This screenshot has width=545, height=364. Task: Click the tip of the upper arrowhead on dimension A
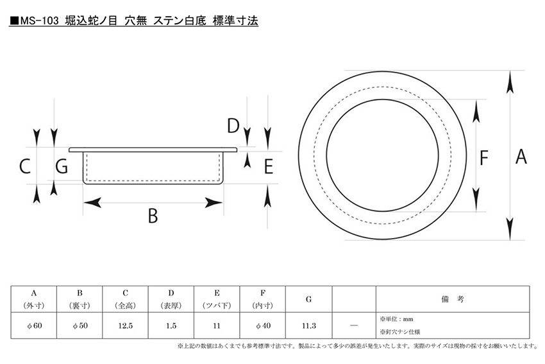pyautogui.click(x=510, y=71)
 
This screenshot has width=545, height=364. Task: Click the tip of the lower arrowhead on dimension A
pyautogui.click(x=510, y=240)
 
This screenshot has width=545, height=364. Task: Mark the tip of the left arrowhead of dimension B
pyautogui.click(x=84, y=202)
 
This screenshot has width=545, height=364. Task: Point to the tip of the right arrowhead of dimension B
pyautogui.click(x=222, y=202)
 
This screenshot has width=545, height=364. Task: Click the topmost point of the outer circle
pyautogui.click(x=382, y=71)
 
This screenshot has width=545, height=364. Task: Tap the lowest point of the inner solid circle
pyautogui.click(x=382, y=211)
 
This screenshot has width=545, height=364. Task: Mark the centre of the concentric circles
pyautogui.click(x=382, y=155)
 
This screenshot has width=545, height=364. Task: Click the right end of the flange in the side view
pyautogui.click(x=237, y=150)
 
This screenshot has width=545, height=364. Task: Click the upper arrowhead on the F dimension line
pyautogui.click(x=476, y=111)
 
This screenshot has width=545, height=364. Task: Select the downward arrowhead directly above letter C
pyautogui.click(x=37, y=137)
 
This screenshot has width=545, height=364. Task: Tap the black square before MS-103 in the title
pyautogui.click(x=14, y=21)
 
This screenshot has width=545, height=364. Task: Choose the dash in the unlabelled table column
pyautogui.click(x=354, y=325)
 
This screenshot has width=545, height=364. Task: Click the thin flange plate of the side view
pyautogui.click(x=153, y=150)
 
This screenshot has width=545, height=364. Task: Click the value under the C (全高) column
pyautogui.click(x=126, y=325)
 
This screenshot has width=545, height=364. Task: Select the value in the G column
pyautogui.click(x=308, y=325)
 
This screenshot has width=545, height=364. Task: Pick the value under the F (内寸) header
pyautogui.click(x=263, y=325)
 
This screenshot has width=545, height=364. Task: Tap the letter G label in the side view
pyautogui.click(x=62, y=166)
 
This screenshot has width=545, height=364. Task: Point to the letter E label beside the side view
pyautogui.click(x=269, y=166)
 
